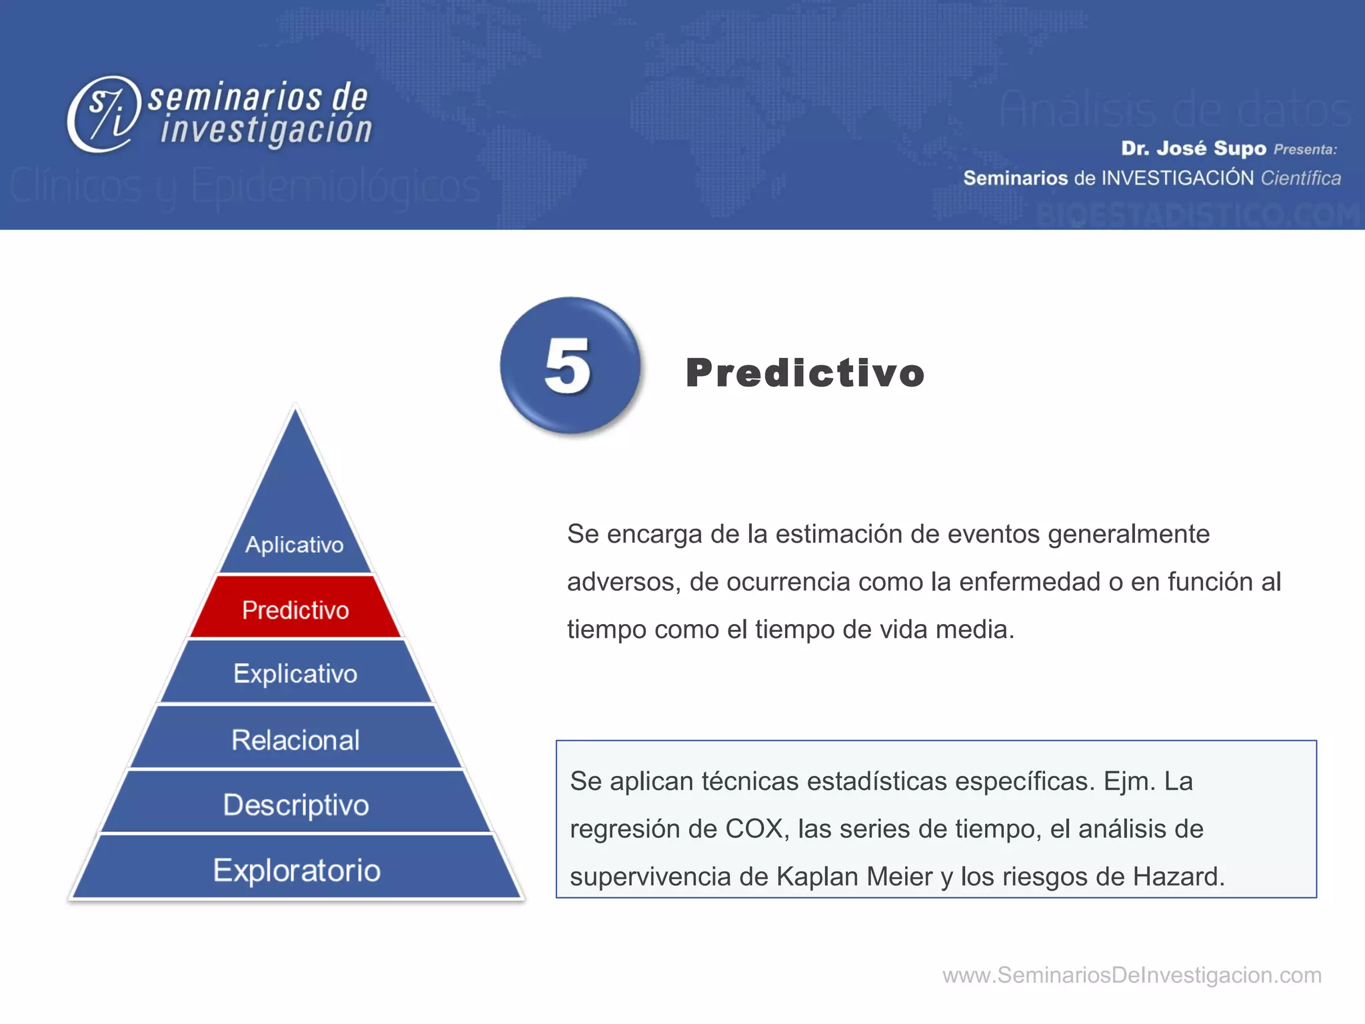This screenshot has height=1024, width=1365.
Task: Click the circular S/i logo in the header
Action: pos(105,113)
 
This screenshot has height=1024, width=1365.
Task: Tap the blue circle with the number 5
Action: pos(570,365)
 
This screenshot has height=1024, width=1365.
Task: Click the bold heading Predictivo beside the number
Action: pos(805,372)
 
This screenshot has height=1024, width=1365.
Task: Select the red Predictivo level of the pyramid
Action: pos(295,609)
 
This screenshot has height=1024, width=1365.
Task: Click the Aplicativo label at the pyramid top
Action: pos(294,544)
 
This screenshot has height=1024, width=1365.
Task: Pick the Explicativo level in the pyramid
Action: pos(295,673)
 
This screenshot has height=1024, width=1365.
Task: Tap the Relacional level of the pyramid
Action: pos(295,739)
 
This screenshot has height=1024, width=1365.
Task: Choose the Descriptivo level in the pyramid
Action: pos(295,805)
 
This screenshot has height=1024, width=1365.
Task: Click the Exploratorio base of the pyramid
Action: pos(297,869)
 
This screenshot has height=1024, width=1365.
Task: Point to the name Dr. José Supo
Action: pos(1193,148)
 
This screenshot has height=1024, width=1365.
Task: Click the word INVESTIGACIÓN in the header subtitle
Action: pos(1178,178)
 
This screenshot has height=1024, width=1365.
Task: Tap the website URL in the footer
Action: pos(1131,975)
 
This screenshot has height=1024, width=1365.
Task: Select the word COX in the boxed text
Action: pos(754,829)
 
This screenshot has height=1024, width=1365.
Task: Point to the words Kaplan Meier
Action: pos(854,876)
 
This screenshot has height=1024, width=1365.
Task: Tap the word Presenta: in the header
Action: pos(1305,149)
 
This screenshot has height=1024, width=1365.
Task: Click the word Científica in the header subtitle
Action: pos(1300,178)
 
